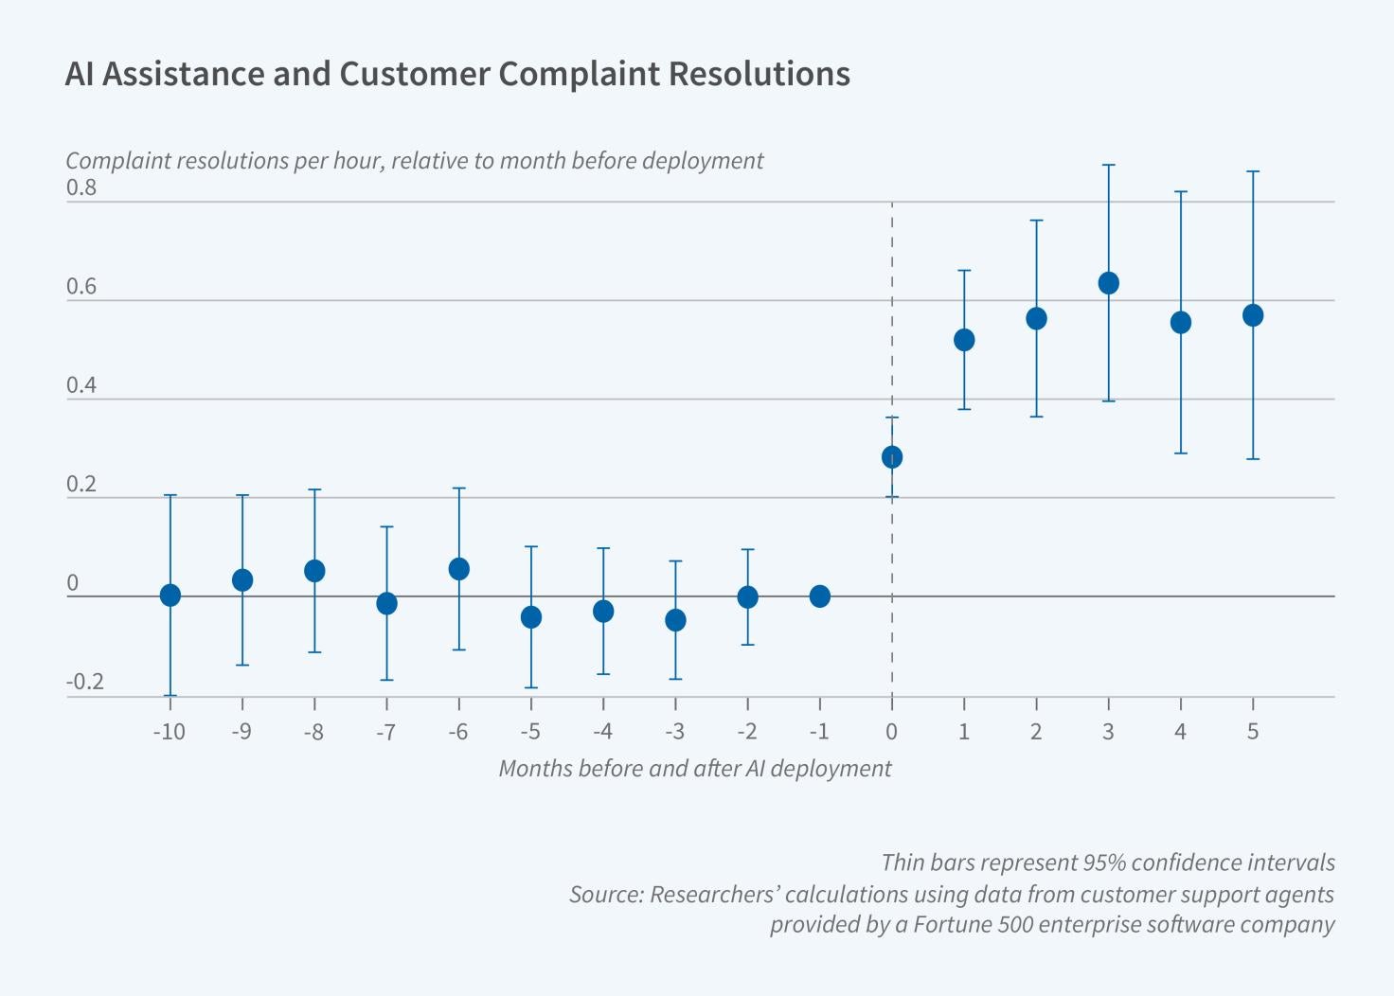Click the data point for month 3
1108,283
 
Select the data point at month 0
892,457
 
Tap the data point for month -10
170,596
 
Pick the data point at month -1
820,596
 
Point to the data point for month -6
459,569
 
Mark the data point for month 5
1253,315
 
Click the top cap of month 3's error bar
1108,166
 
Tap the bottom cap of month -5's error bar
531,687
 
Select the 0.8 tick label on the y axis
81,187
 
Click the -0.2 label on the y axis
84,683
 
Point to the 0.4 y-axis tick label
81,385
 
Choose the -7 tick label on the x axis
385,732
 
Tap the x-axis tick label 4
1180,732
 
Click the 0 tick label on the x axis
891,732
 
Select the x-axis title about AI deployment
694,768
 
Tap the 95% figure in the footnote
1104,863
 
